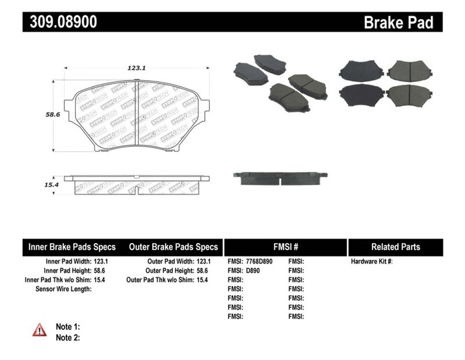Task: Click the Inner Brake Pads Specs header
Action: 72,247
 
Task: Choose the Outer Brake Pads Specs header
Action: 173,247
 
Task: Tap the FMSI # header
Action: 285,247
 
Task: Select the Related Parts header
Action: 395,247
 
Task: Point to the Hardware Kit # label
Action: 371,262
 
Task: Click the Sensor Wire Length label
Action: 63,289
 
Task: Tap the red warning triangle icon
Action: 39,330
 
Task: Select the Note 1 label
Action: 68,327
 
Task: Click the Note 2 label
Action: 68,337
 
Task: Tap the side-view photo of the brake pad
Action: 280,177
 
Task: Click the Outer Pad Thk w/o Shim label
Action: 161,280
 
